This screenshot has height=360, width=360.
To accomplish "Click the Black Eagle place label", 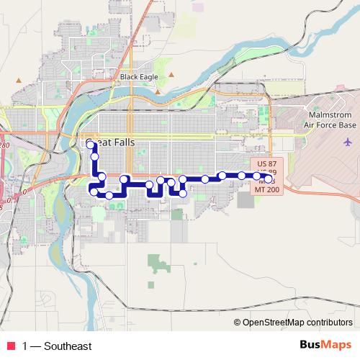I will pyautogui.click(x=138, y=76).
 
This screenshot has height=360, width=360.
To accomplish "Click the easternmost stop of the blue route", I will pyautogui.click(x=269, y=178).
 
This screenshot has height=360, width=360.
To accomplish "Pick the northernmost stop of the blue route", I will pyautogui.click(x=91, y=145).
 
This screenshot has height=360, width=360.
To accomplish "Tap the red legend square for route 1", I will pyautogui.click(x=10, y=346).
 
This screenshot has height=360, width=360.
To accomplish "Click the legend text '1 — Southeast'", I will pyautogui.click(x=57, y=346).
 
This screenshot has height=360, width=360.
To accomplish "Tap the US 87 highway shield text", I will pyautogui.click(x=266, y=164).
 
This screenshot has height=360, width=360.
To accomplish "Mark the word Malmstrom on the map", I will pyautogui.click(x=328, y=114).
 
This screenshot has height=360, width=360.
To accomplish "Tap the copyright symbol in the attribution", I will pyautogui.click(x=238, y=323).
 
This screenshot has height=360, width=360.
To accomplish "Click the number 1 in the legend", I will pyautogui.click(x=25, y=346).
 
